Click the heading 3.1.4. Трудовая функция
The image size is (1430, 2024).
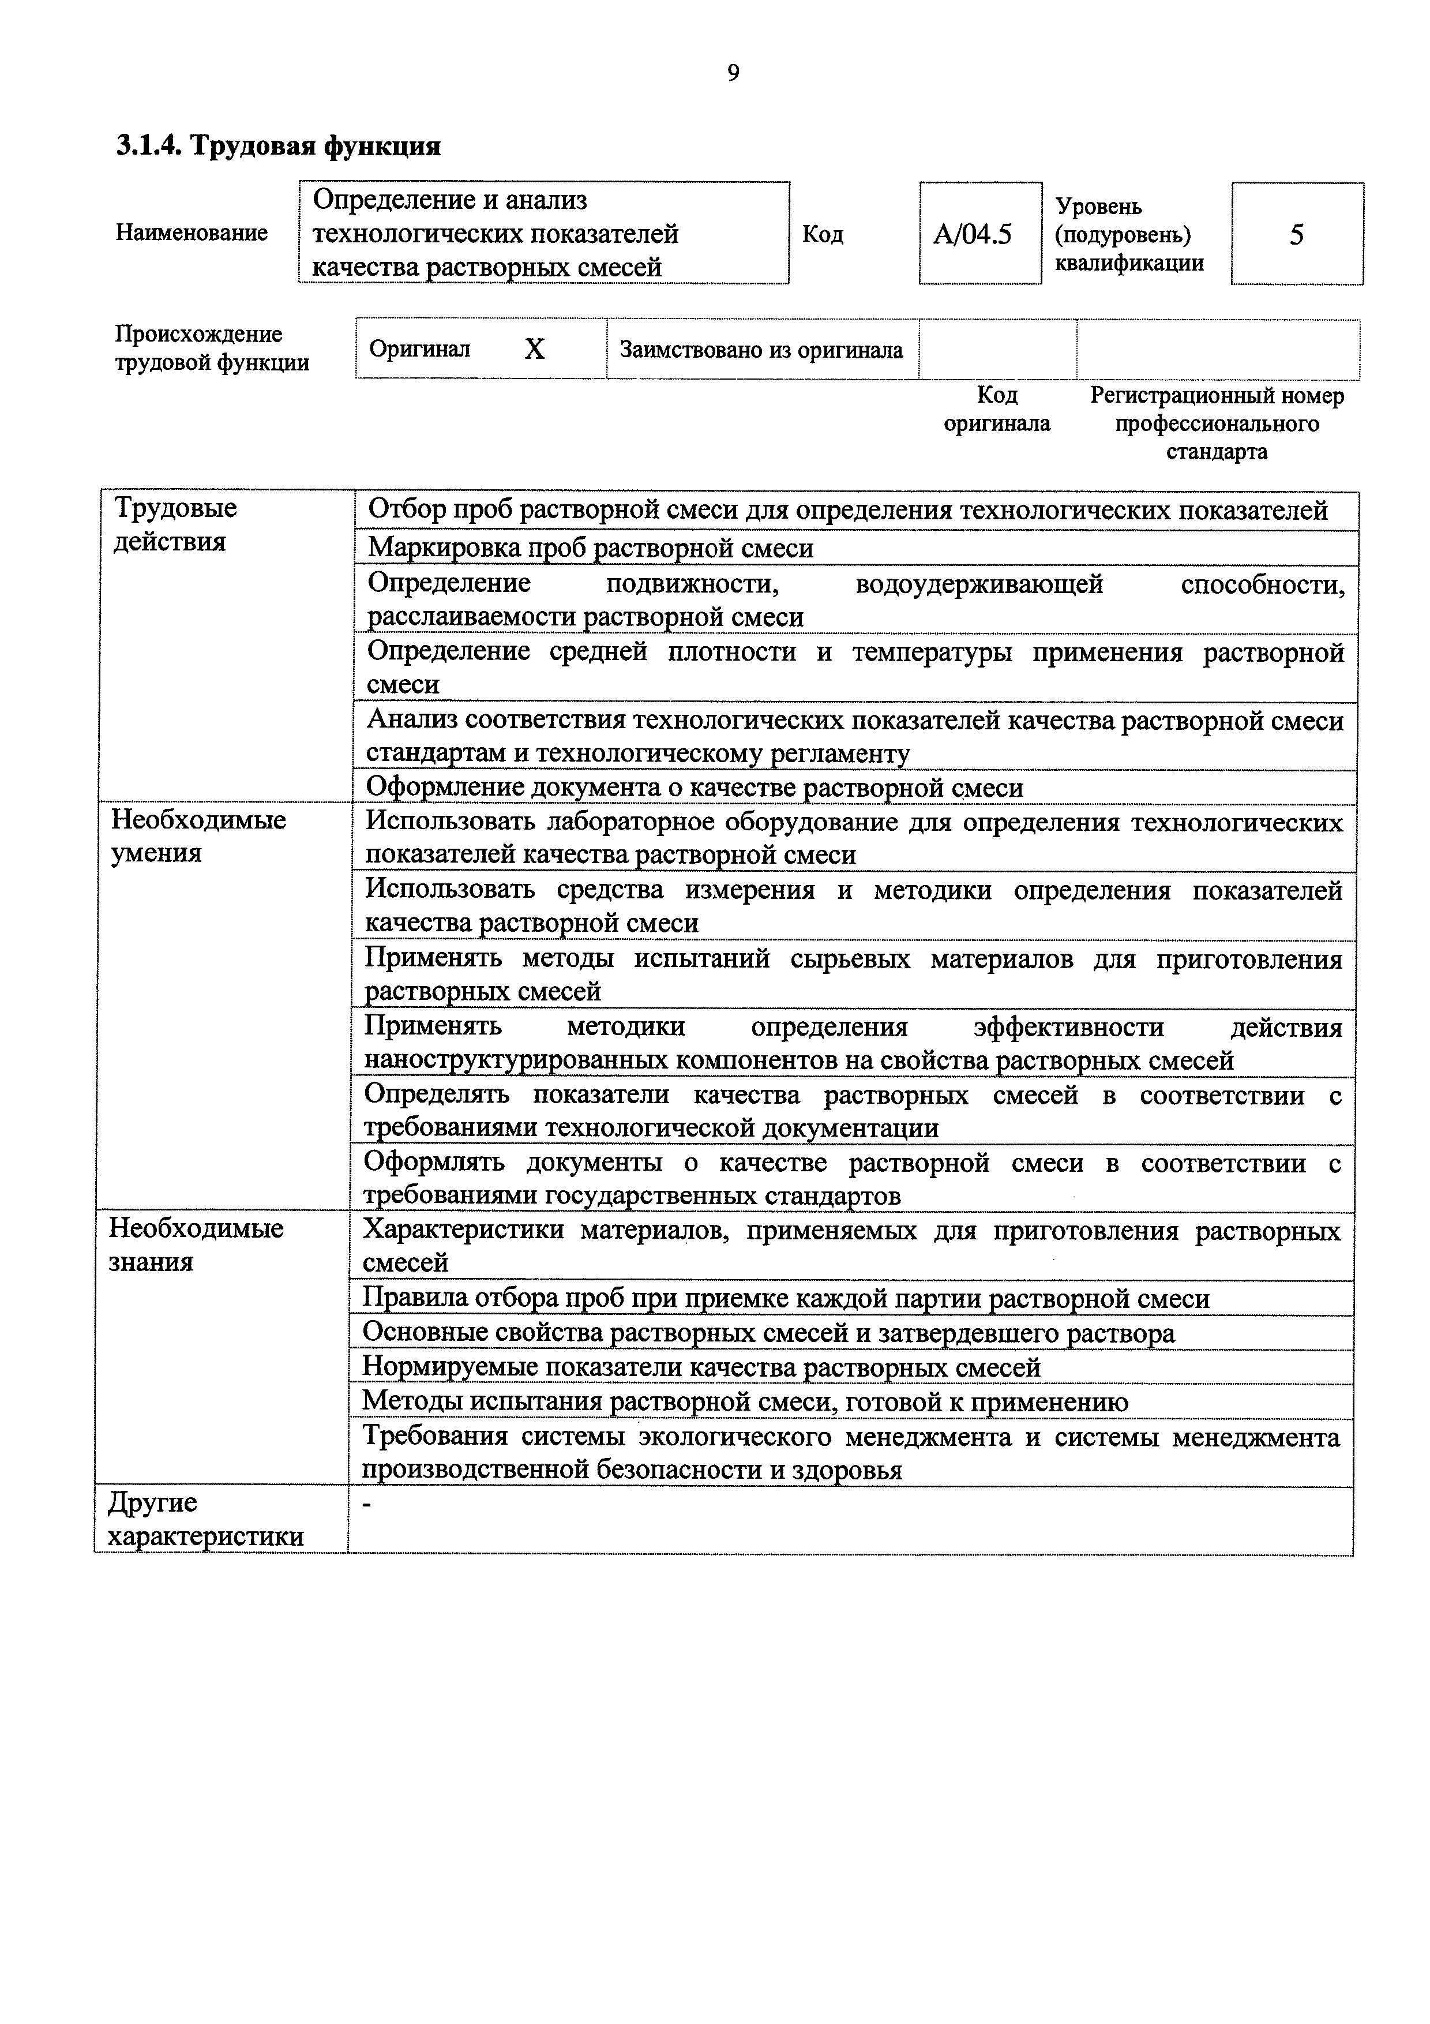coord(279,145)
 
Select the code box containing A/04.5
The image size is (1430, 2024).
coord(979,234)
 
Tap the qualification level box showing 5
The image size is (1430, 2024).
coord(1296,234)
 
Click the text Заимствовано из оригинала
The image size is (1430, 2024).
coord(761,350)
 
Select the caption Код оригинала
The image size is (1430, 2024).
coord(997,409)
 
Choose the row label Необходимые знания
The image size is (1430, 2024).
coord(196,1244)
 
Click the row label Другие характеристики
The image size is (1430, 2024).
coord(205,1519)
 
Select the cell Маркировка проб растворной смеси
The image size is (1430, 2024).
coord(590,548)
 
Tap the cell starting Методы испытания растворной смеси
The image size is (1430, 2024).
coord(745,1401)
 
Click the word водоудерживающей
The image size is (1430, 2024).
coord(979,583)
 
